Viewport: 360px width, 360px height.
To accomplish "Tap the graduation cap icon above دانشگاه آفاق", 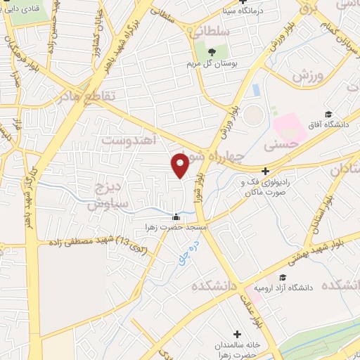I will pos(328,113).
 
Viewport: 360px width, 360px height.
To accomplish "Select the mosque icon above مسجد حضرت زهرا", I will pos(176,217).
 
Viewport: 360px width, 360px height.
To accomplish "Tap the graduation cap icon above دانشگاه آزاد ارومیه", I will pos(282,278).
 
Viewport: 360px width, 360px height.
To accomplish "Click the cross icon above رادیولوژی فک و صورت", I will pos(265,171).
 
